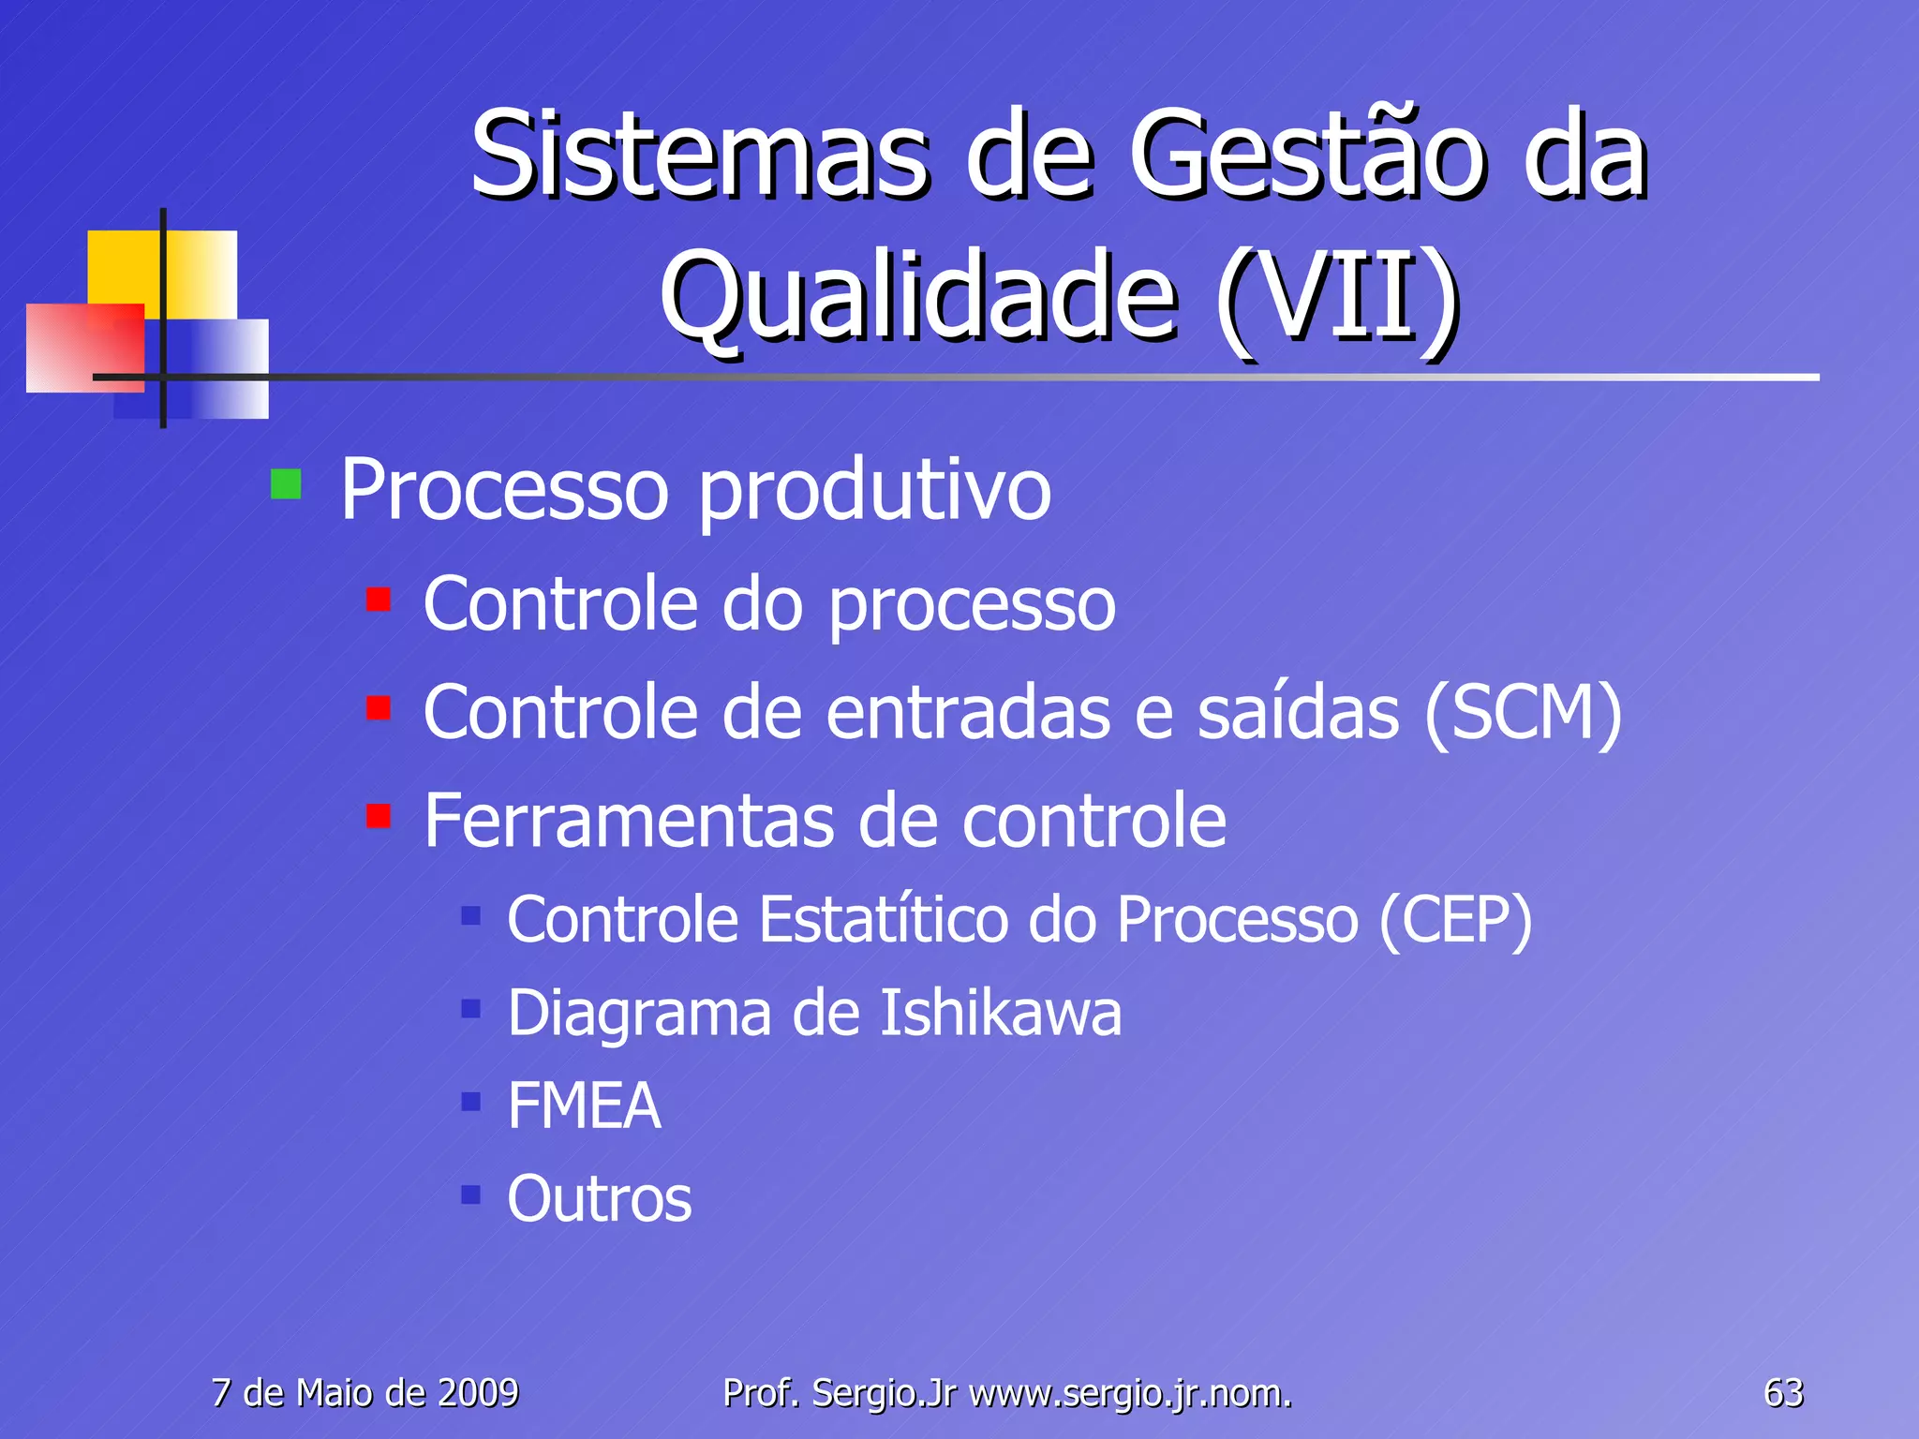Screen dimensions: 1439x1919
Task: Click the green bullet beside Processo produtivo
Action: pos(286,484)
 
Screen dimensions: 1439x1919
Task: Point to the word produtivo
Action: pos(874,491)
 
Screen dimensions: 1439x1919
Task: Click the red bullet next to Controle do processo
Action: pos(379,599)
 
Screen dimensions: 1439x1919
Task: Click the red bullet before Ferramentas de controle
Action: pos(379,816)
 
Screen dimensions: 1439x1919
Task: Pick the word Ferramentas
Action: pos(629,821)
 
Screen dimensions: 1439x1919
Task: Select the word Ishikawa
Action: pos(1000,1014)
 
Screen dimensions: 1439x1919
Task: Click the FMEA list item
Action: pos(584,1106)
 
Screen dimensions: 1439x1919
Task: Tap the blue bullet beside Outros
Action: pos(470,1194)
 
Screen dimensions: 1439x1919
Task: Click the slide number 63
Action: pos(1783,1393)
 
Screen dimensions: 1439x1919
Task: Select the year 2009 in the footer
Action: pos(479,1393)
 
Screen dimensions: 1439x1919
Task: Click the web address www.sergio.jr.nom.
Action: pos(1130,1394)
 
